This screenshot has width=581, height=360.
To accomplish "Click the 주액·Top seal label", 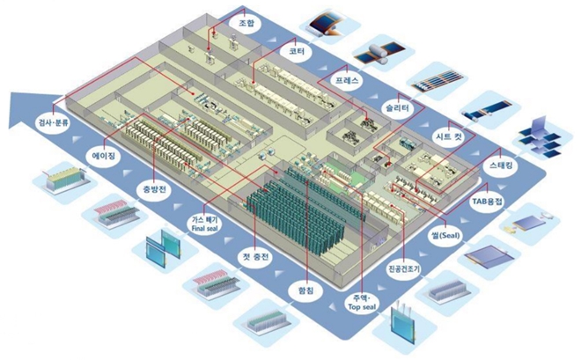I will pyautogui.click(x=357, y=305).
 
